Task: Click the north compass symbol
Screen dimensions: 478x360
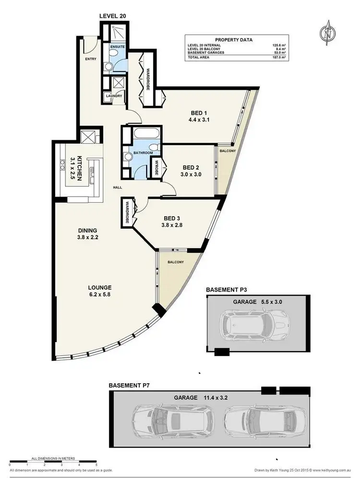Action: [x=328, y=34]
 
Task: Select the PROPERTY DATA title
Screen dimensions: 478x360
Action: [x=234, y=40]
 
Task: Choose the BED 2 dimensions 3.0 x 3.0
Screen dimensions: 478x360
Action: [x=191, y=175]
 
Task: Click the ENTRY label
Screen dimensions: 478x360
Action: [x=91, y=60]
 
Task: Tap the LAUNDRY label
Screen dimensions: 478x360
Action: [x=114, y=96]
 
